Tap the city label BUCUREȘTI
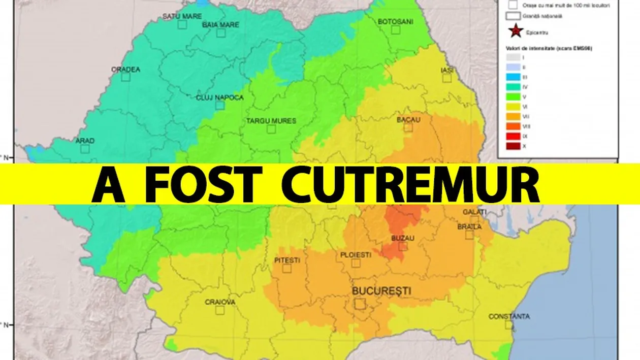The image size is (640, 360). [x=381, y=291]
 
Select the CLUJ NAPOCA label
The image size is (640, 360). [x=219, y=97]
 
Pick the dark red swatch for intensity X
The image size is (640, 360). [x=513, y=147]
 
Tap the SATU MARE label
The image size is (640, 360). [x=182, y=16]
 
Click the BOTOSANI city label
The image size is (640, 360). [x=396, y=21]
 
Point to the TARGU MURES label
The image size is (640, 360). [x=271, y=121]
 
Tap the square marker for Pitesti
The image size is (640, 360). [x=287, y=269]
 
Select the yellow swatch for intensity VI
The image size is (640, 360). [x=513, y=107]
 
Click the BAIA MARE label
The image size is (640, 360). [x=221, y=24]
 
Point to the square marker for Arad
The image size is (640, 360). [x=85, y=149]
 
